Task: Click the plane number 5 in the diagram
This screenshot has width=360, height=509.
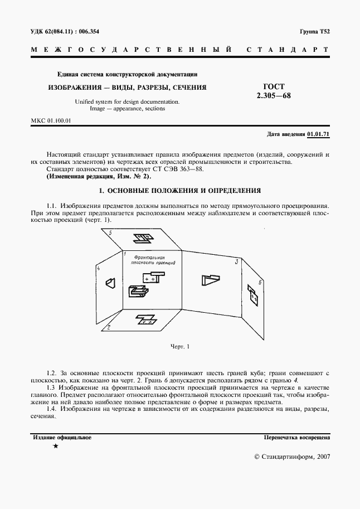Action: point(111,232)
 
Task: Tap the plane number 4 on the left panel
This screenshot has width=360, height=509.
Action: point(98,269)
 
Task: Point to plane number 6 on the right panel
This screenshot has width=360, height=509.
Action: point(261,283)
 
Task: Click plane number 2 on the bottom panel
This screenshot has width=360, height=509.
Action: point(110,327)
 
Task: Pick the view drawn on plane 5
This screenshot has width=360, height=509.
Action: point(143,239)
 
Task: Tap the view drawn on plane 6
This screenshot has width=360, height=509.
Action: point(254,298)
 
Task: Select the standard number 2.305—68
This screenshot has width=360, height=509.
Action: point(274,95)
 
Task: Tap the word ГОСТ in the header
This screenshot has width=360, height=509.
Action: point(274,86)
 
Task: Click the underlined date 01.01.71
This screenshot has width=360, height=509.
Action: point(318,134)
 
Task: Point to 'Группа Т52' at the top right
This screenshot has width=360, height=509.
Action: point(315,32)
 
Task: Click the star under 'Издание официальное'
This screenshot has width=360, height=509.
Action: point(55,447)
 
